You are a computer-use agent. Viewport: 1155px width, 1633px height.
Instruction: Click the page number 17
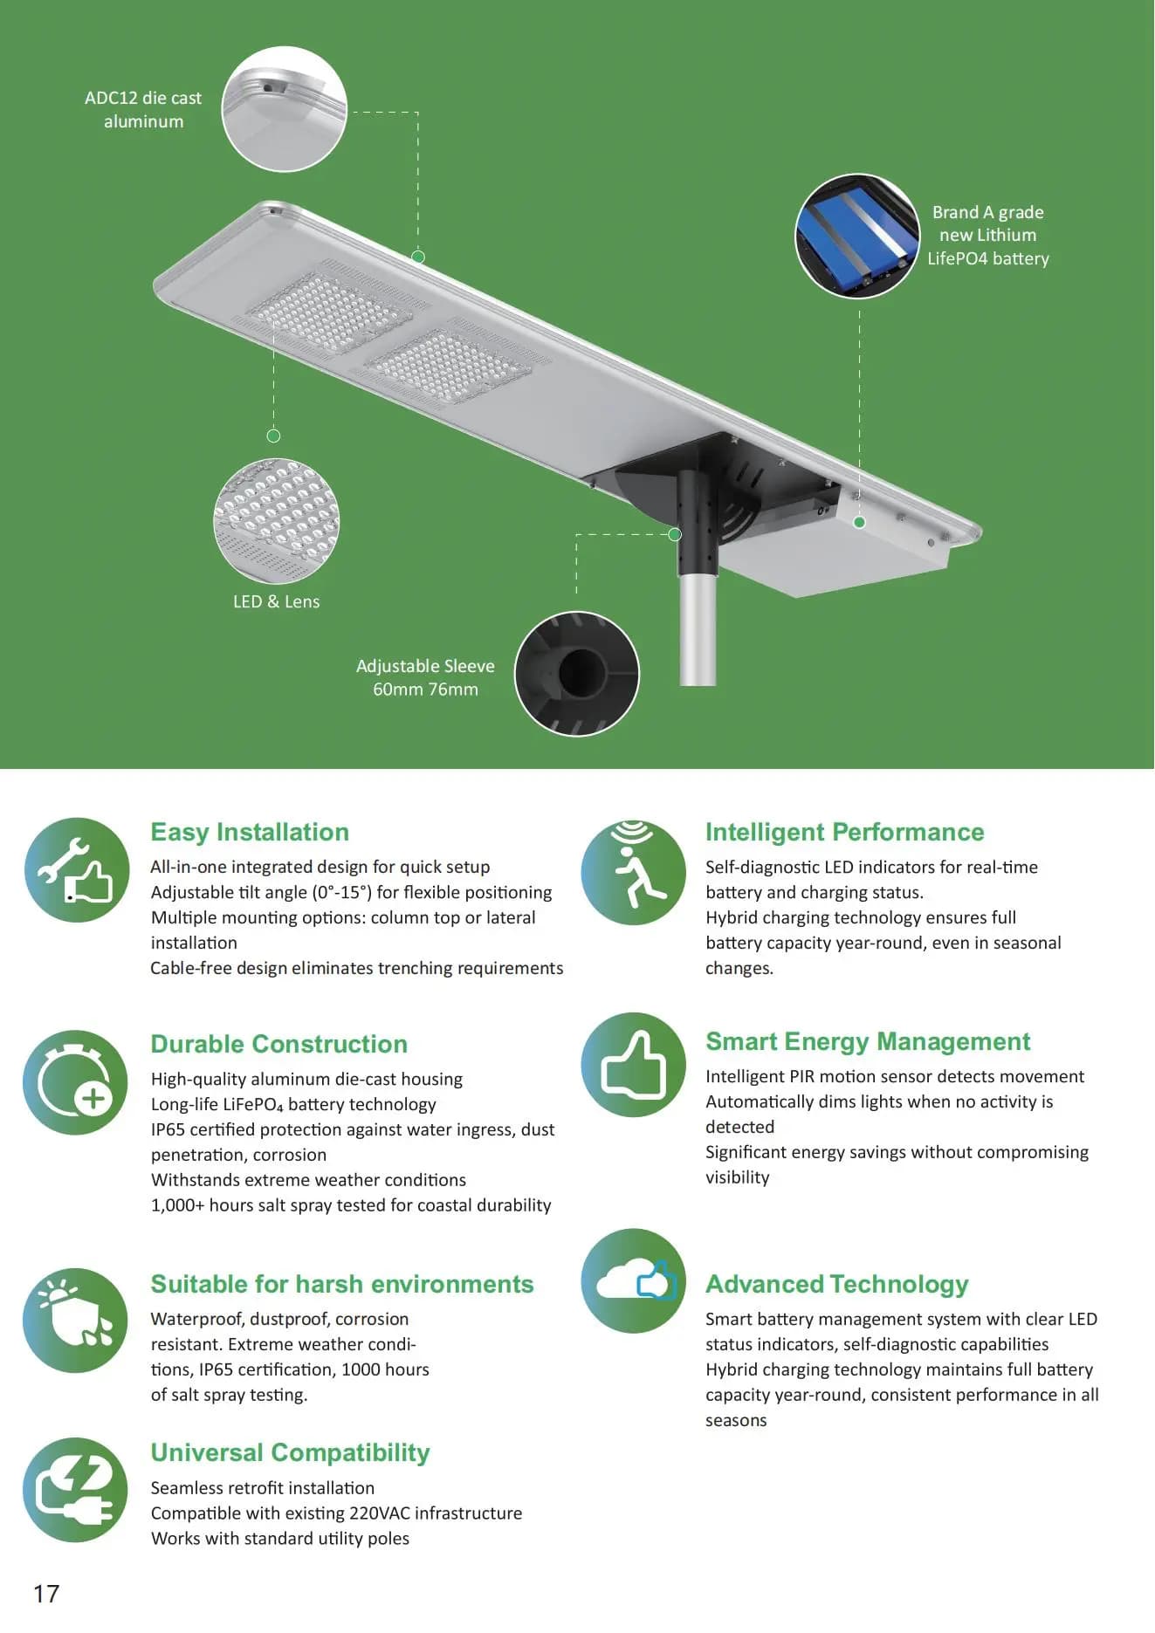(46, 1594)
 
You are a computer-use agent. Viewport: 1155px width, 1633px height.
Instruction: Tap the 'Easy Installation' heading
(250, 832)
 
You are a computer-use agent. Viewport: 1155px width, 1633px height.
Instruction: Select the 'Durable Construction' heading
(279, 1044)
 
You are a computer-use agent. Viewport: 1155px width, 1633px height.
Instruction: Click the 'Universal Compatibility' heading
(291, 1452)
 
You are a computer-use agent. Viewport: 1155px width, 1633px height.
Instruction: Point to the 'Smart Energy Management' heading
(868, 1041)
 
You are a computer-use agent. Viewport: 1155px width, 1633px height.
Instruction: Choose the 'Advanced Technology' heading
(837, 1284)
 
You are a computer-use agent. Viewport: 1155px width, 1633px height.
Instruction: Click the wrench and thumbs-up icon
(77, 870)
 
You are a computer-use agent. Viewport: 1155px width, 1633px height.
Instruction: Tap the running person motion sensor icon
(634, 872)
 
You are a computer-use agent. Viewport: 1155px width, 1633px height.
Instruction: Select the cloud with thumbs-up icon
(634, 1280)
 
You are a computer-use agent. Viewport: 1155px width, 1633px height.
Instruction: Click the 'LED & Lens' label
(277, 601)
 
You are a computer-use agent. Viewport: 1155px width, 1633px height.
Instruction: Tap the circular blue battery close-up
(857, 236)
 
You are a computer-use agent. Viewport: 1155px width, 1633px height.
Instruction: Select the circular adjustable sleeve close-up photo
(577, 674)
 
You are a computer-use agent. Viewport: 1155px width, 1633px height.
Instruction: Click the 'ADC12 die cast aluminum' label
(143, 110)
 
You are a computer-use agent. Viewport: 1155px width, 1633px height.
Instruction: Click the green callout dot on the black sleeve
(675, 534)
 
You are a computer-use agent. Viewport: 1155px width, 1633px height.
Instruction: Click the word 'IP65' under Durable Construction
(168, 1129)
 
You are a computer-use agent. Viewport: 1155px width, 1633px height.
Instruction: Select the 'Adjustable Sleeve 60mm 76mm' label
(425, 677)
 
